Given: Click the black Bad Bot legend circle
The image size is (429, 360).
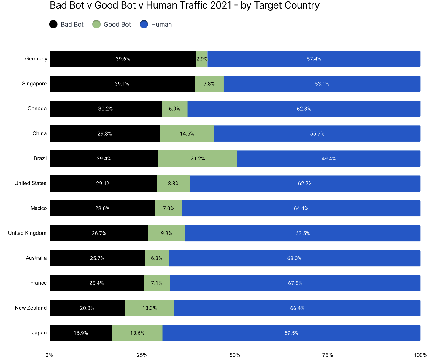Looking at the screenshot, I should coord(53,24).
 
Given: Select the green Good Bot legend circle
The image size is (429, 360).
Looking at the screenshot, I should coord(96,24).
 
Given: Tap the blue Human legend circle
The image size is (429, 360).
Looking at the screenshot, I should coord(144,24).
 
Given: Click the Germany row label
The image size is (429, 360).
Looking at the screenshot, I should coord(36,59).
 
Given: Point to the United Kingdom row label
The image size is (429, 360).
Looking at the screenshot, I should coord(27,233).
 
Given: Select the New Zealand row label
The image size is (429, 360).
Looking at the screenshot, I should coord(31,308).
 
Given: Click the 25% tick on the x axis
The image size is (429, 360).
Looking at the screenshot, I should coord(142,355).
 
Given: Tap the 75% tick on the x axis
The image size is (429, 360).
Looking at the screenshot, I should coord(328,355).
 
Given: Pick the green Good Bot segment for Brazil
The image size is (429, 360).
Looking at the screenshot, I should coord(198,158).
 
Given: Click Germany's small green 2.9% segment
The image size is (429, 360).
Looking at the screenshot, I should coord(202,59).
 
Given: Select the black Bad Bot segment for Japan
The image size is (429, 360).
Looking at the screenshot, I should coord(81,333).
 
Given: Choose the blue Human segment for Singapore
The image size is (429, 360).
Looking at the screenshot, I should coord(322,84).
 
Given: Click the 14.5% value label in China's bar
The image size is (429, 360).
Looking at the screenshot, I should coord(187,134).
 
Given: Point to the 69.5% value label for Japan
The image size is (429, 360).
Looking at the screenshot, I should coord(291,333).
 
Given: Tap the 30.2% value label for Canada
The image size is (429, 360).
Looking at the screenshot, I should coord(106,109).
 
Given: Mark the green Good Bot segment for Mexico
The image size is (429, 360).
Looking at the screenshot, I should coord(169,208).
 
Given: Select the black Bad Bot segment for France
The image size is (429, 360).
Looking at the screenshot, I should coord(96,283).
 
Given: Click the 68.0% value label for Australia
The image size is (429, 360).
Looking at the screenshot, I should coord(294,258).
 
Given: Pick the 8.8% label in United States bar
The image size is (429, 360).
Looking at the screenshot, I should coord(174,184).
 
